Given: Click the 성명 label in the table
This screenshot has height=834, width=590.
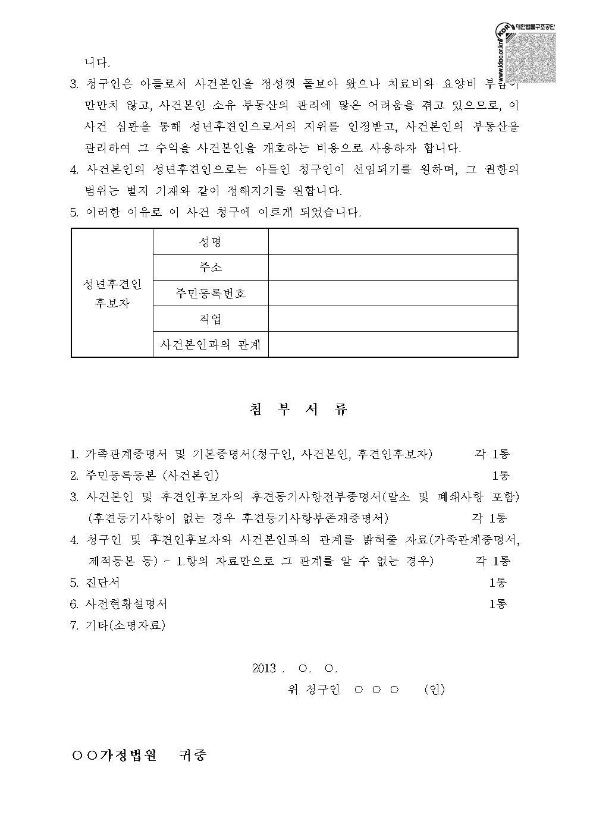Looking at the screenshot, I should (211, 242).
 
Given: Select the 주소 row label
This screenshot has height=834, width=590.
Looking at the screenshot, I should (211, 267).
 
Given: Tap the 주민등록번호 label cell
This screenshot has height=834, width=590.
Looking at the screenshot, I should (211, 293).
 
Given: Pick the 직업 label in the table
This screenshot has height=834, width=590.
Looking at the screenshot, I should (211, 319).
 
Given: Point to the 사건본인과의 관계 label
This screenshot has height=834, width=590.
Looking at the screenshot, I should (211, 344).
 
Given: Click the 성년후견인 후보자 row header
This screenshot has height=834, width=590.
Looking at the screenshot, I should (112, 293).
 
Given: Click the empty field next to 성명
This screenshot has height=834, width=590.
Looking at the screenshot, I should (393, 242).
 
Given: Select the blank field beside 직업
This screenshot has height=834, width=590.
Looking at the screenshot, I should (393, 319).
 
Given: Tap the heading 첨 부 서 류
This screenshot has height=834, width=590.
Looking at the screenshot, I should (295, 410).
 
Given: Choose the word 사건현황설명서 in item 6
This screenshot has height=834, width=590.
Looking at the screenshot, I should (127, 604).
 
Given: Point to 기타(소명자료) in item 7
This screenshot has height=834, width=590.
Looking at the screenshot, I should (125, 625).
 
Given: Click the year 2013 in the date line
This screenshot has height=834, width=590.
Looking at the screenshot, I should (265, 668).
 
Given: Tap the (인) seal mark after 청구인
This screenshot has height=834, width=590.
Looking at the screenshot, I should (434, 690).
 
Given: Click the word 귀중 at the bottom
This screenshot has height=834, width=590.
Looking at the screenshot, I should (193, 756).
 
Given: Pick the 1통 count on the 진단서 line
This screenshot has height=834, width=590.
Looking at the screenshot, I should (498, 583).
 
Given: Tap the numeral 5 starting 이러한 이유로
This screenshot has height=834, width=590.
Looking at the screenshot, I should (74, 212).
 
